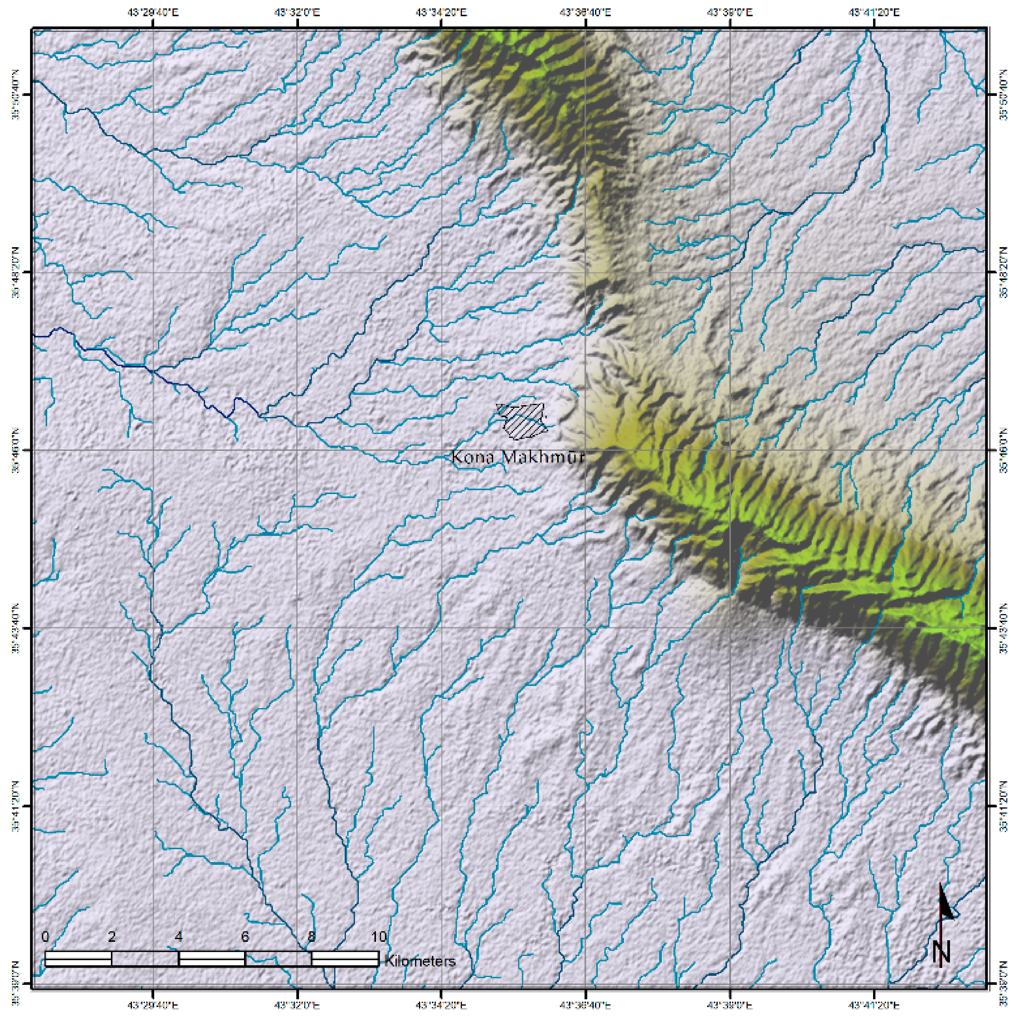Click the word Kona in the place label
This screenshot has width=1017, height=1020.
tap(473, 457)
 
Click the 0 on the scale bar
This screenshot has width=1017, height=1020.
tap(45, 937)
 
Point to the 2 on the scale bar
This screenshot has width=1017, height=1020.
tap(112, 937)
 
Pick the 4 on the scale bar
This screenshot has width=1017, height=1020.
tap(179, 937)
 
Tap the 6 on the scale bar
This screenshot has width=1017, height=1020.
tap(245, 937)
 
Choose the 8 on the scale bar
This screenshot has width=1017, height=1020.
tap(311, 937)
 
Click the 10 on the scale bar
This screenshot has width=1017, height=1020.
tap(378, 937)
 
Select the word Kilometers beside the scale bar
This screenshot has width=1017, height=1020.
tap(420, 961)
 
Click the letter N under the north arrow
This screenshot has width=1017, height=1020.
tap(941, 952)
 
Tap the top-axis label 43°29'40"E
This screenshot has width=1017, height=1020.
tap(153, 12)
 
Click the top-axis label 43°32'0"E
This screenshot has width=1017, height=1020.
tap(298, 12)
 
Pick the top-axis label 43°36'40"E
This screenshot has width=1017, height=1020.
tap(586, 12)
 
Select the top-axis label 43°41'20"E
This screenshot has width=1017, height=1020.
tap(874, 12)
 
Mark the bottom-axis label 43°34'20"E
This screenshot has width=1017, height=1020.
tap(442, 1006)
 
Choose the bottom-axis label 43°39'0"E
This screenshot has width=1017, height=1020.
tap(730, 1006)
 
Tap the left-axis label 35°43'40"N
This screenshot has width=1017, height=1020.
tap(16, 628)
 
